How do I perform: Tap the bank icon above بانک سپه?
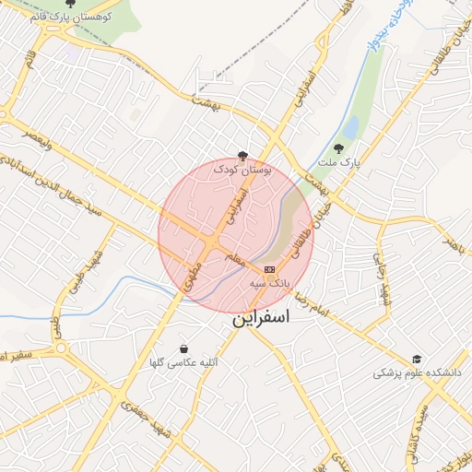coord(269,268)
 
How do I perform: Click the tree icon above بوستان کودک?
coord(242,155)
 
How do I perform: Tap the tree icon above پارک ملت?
coord(339,147)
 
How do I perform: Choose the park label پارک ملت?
coord(337,162)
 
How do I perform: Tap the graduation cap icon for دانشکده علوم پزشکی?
coord(417,359)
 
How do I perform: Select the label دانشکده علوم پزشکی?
coord(417,373)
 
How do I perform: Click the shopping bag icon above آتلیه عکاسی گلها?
coord(185,349)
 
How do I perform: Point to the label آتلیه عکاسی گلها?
coord(183,364)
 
